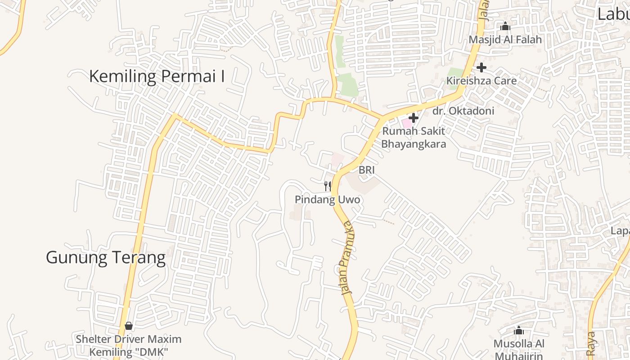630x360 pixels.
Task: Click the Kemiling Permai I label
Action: click(157, 76)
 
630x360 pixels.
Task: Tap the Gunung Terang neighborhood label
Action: click(106, 258)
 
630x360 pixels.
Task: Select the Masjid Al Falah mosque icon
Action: click(505, 27)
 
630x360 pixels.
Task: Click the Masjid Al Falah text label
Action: click(505, 40)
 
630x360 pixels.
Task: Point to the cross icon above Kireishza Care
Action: click(481, 67)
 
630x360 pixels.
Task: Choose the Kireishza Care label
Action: click(481, 81)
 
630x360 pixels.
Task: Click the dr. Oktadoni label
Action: click(463, 111)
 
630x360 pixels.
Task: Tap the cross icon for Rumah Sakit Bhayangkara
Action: click(414, 118)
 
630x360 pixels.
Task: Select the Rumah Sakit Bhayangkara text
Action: click(414, 138)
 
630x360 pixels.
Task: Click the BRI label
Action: click(366, 170)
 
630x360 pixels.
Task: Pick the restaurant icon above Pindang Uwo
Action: click(328, 186)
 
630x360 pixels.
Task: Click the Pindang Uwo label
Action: click(328, 199)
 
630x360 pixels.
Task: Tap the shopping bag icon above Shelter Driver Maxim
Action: click(129, 325)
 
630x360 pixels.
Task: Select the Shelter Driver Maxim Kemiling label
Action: click(129, 345)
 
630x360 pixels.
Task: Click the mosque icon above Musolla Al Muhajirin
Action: click(519, 331)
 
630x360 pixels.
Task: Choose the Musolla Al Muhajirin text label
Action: click(519, 349)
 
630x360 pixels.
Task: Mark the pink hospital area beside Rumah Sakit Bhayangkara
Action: click(406, 122)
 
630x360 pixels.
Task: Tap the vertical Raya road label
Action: click(591, 343)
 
